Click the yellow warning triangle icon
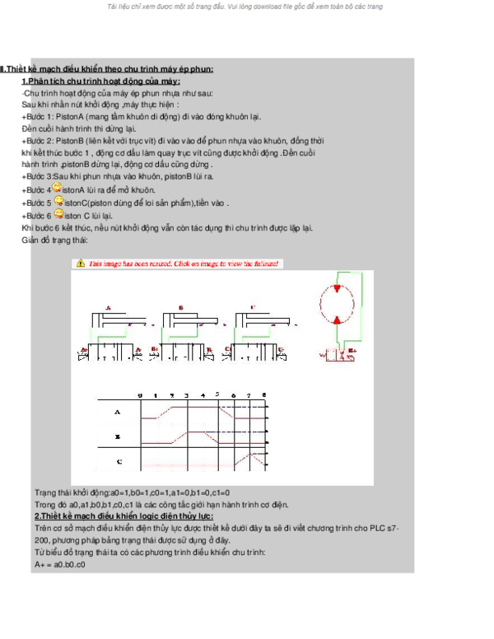pos(80,264)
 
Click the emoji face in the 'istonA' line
pos(57,188)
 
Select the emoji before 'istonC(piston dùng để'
pos(57,201)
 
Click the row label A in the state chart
pos(117,411)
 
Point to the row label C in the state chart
pos(119,462)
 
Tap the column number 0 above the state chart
pos(140,395)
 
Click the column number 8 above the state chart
pos(263,395)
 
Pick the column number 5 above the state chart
pos(217,394)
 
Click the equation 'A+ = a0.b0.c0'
pos(60,565)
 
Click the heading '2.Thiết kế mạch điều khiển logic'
pos(123,515)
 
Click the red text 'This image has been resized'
pos(184,264)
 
